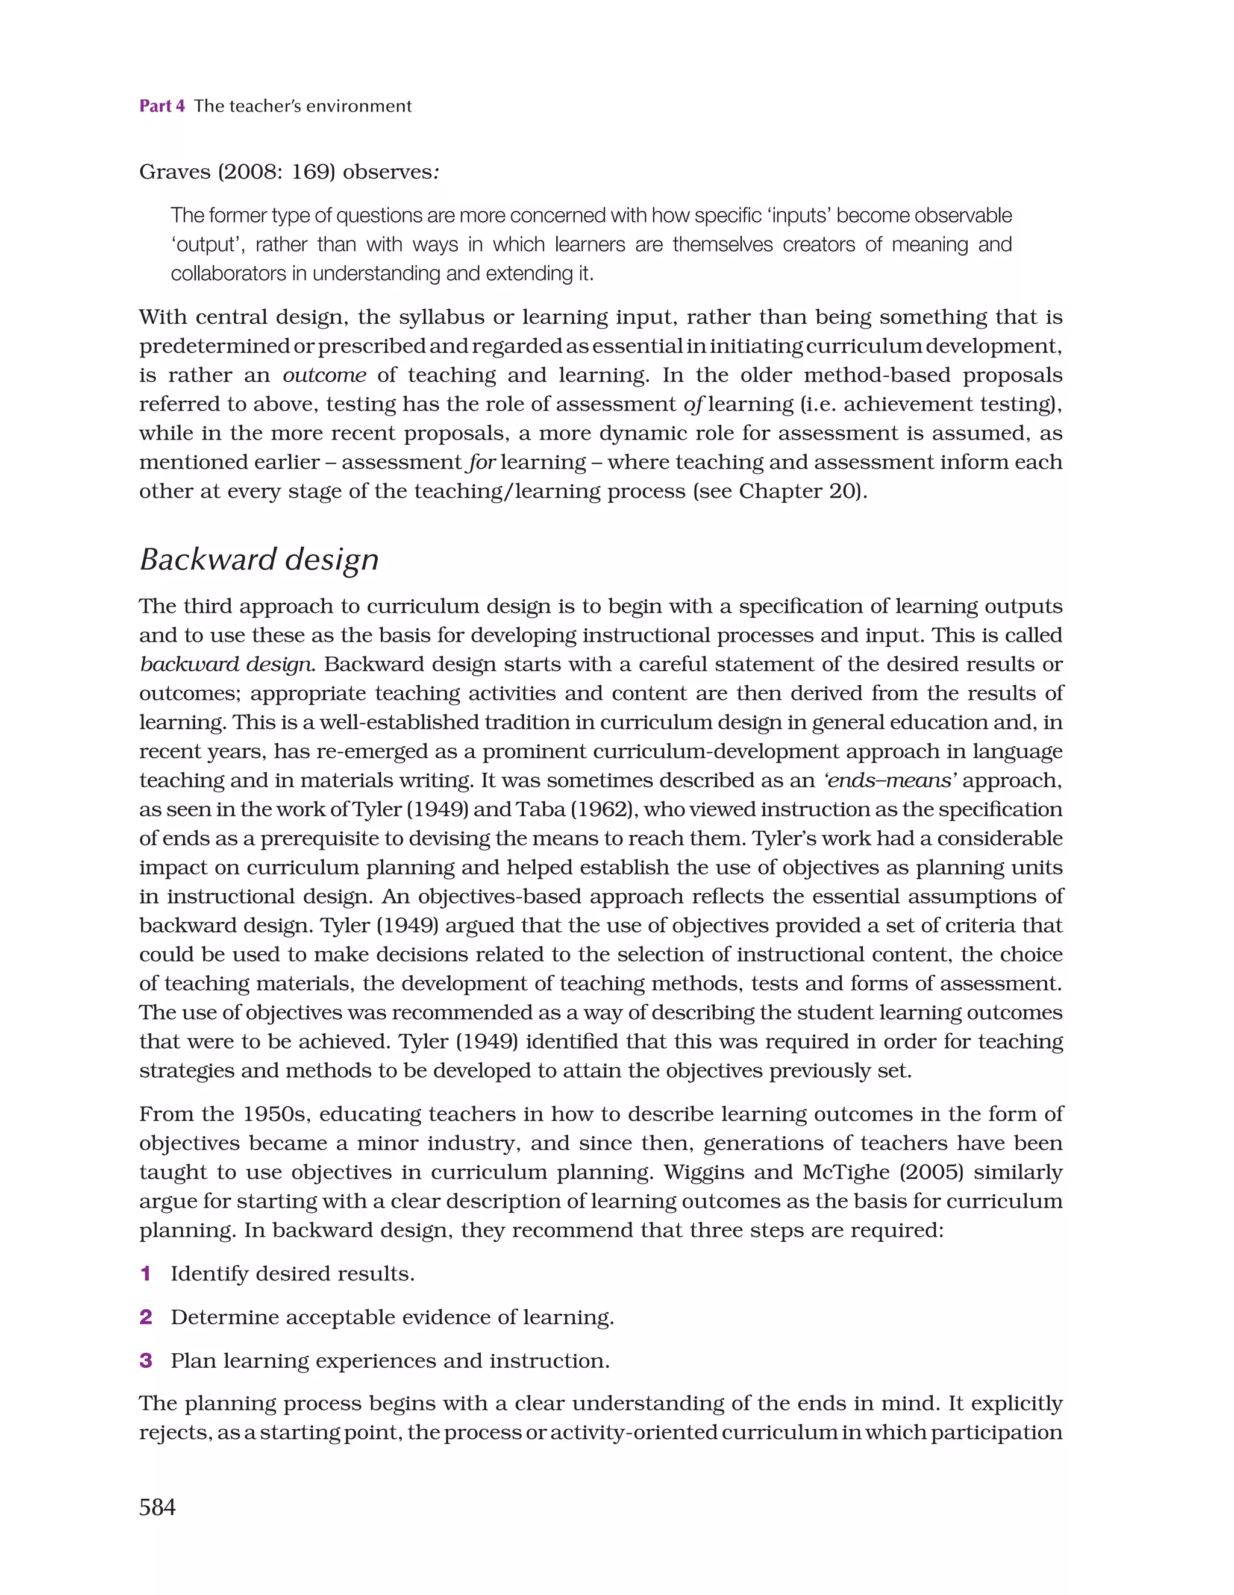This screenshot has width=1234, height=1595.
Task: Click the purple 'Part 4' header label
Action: click(x=161, y=106)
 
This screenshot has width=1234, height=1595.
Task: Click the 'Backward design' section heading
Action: click(x=258, y=559)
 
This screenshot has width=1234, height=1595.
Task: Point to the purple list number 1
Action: click(x=145, y=1274)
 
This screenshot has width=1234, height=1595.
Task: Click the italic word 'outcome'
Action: click(x=324, y=376)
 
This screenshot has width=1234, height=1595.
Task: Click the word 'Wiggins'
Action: click(x=703, y=1173)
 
